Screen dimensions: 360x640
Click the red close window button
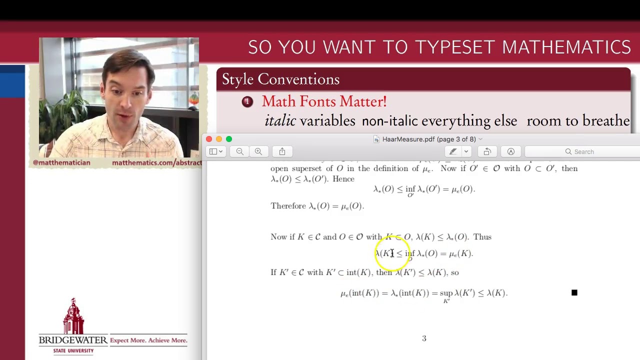click(209, 139)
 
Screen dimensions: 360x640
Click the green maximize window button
click(229, 139)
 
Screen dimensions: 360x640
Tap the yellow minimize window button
click(219, 139)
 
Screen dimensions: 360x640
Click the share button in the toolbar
click(282, 151)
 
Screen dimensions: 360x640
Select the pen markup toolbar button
click(453, 151)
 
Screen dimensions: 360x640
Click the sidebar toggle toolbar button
click(216, 151)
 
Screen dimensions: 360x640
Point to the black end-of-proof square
click(574, 292)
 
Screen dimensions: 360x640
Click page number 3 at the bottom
click(424, 338)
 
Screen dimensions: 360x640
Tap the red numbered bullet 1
click(247, 102)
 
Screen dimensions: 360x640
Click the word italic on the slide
click(280, 121)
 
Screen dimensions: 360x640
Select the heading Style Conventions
click(280, 79)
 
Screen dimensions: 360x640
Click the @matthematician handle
click(61, 162)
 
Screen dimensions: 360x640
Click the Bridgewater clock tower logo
click(73, 317)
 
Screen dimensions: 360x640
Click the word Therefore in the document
click(288, 206)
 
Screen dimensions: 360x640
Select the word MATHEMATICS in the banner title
click(566, 47)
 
